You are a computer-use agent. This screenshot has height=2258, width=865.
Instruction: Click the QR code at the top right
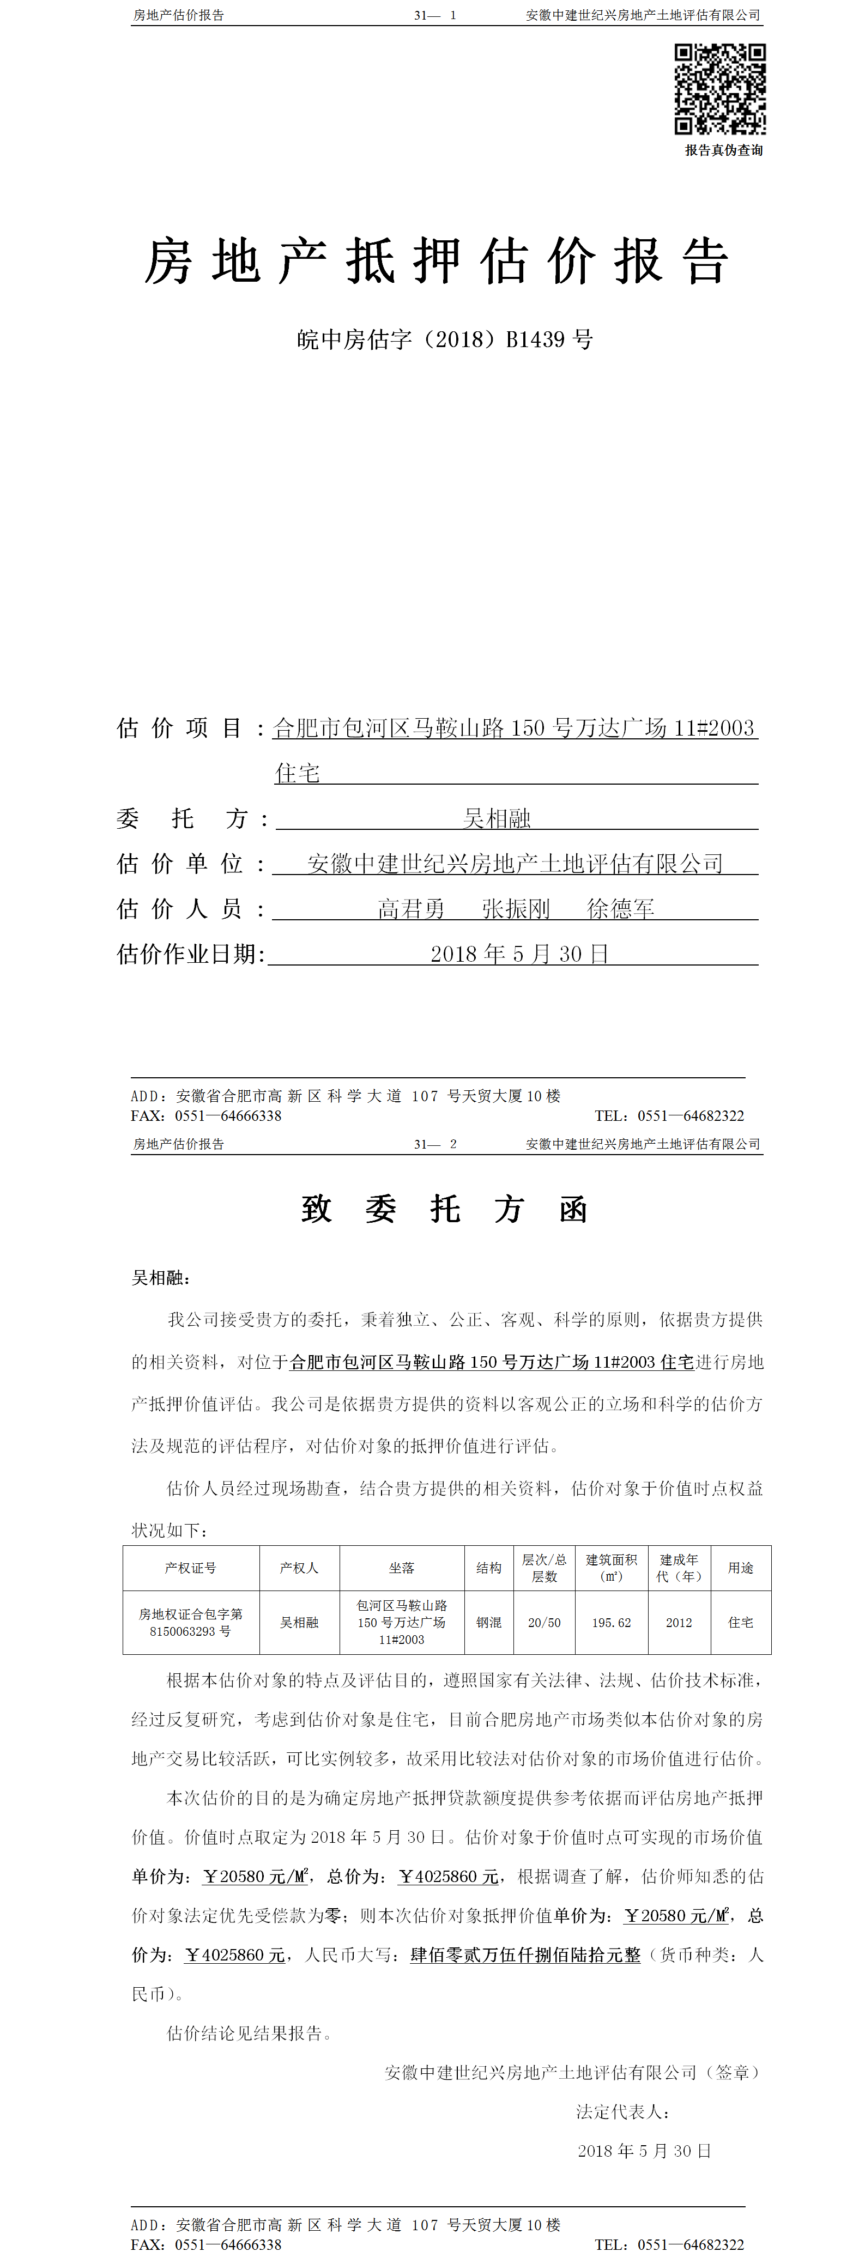(x=719, y=89)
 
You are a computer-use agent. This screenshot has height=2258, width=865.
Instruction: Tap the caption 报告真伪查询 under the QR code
(x=723, y=150)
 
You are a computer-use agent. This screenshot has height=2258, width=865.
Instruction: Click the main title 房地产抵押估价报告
(x=435, y=261)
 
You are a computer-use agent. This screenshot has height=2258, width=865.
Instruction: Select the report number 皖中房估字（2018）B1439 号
(x=444, y=339)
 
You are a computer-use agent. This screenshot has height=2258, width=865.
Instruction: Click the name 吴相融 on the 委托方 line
(x=497, y=819)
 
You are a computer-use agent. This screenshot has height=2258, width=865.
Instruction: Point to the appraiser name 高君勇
(x=411, y=909)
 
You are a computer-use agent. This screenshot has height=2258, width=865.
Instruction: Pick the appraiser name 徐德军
(x=620, y=909)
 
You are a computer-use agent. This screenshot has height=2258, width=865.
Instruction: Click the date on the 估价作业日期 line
(x=519, y=954)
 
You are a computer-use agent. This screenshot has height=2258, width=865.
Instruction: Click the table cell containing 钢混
(x=489, y=1623)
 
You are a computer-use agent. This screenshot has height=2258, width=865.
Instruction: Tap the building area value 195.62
(x=611, y=1623)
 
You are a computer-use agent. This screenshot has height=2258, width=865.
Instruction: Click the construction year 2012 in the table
(x=679, y=1623)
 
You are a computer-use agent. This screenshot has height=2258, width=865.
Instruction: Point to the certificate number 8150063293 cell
(x=190, y=1623)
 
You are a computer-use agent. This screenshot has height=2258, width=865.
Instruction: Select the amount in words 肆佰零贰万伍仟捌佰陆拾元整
(x=525, y=1954)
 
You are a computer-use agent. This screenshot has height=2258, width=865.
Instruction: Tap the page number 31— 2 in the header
(x=435, y=1144)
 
